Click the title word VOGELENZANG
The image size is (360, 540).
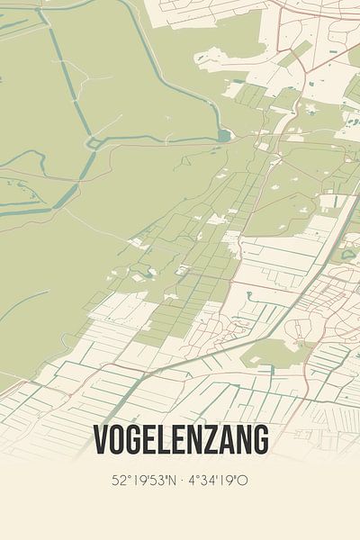tap(180, 440)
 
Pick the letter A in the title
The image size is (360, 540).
tap(226, 440)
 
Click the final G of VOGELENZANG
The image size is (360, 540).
tap(259, 440)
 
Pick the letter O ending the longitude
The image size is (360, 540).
tap(244, 481)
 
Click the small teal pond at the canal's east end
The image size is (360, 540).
tap(223, 136)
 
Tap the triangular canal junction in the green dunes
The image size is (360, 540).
tap(93, 142)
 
